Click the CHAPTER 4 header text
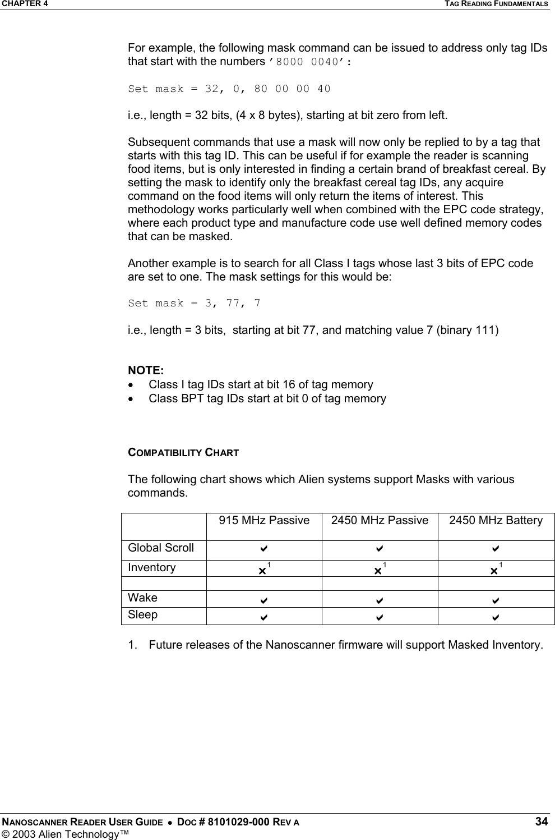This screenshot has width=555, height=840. tap(24, 4)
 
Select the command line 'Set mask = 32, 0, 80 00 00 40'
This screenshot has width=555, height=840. tap(229, 89)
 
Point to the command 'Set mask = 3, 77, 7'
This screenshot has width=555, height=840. tap(194, 304)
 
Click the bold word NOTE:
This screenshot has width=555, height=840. tap(146, 370)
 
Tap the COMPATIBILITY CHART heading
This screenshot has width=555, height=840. tap(183, 452)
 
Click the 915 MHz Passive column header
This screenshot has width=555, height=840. tap(264, 521)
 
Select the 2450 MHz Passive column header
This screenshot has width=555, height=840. tap(380, 521)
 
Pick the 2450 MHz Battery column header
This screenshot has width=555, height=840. tap(496, 521)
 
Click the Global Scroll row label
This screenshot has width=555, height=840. tap(161, 548)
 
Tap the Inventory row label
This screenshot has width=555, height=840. tap(152, 568)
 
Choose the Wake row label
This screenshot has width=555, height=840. tap(143, 598)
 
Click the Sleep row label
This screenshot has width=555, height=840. tap(143, 615)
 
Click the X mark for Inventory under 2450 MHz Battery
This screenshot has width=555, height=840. tap(494, 570)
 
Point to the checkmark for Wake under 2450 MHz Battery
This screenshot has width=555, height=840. tap(496, 600)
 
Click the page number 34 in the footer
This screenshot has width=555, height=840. tap(541, 822)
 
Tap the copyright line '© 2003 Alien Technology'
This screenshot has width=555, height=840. tap(64, 834)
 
